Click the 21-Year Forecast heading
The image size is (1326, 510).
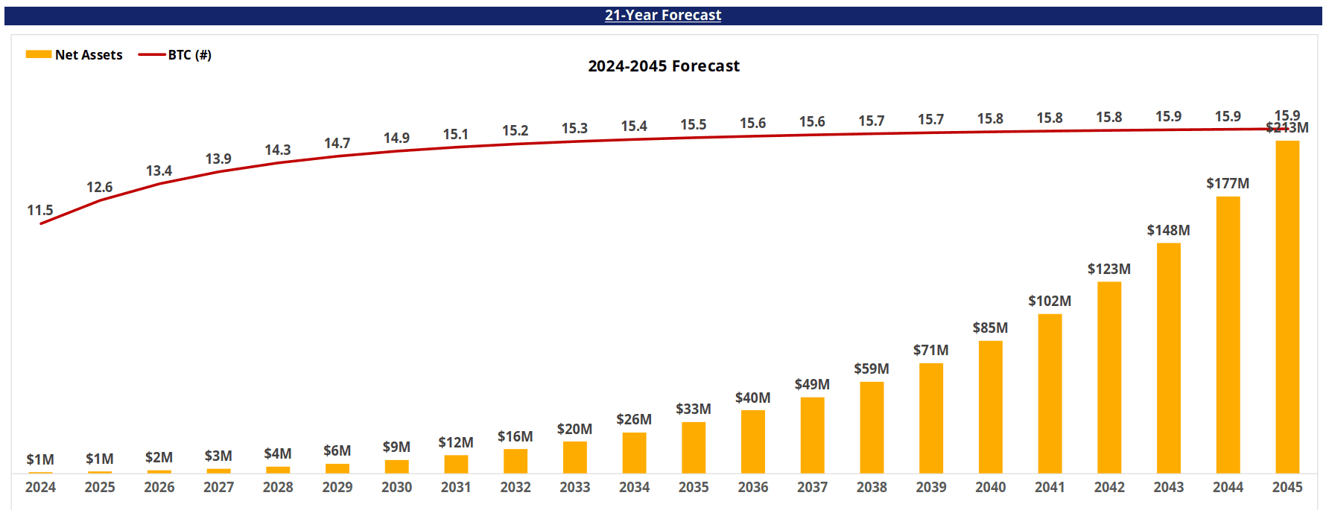click(x=662, y=15)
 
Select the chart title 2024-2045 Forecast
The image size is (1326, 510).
click(x=663, y=66)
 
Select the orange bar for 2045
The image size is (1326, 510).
click(x=1287, y=305)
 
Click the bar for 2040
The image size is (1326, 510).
click(x=990, y=407)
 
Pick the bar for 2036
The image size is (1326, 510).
click(x=752, y=442)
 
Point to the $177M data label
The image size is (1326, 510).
click(x=1227, y=183)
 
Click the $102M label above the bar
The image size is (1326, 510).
click(x=1049, y=301)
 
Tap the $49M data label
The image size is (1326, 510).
click(x=811, y=384)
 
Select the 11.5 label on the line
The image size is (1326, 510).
click(x=40, y=210)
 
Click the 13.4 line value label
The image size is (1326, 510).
click(x=159, y=170)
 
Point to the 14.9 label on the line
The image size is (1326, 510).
click(x=396, y=138)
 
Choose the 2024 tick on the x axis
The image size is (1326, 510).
click(x=40, y=487)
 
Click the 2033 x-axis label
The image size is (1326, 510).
click(x=574, y=487)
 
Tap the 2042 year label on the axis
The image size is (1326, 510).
click(x=1108, y=487)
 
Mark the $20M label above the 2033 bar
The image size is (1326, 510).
click(x=574, y=429)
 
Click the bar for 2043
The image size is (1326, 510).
click(x=1168, y=357)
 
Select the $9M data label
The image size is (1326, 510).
click(x=396, y=447)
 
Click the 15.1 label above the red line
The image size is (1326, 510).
click(x=455, y=134)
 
